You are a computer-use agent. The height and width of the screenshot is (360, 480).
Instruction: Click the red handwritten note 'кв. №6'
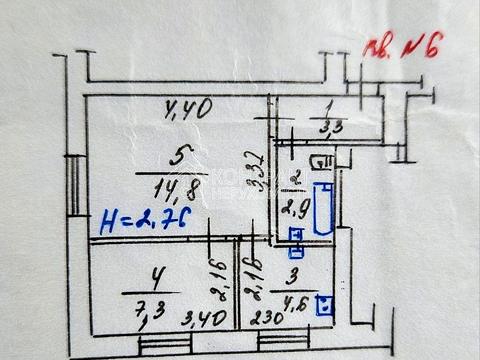[x=401, y=44]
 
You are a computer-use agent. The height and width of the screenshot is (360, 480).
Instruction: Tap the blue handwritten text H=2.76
[x=146, y=219]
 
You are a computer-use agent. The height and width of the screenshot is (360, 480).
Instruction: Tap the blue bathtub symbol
[x=322, y=208]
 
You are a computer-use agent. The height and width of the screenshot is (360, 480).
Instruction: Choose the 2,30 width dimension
[x=261, y=321]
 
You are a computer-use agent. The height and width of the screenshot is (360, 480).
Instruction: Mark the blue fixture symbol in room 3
[x=324, y=305]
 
